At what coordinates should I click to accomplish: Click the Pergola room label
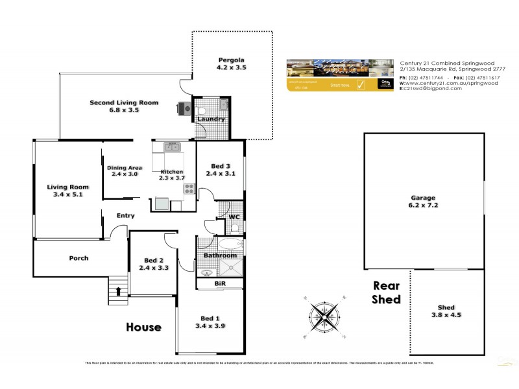click(232, 63)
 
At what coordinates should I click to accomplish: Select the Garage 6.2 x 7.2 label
click(422, 202)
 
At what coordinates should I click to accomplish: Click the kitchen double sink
click(172, 147)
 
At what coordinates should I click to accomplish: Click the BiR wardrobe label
click(219, 283)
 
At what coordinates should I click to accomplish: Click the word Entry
click(125, 216)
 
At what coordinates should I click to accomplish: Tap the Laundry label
click(211, 119)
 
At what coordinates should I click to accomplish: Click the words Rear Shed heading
click(387, 292)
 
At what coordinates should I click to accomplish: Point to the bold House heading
click(144, 327)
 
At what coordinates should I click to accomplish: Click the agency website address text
click(451, 83)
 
